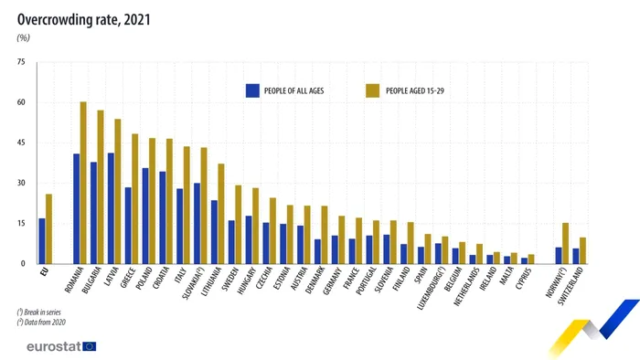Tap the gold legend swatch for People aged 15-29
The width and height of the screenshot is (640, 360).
point(372,90)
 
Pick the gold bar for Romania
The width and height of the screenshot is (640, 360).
point(83,183)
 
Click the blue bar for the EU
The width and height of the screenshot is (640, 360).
point(42,241)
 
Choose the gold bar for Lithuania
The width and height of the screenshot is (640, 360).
point(221,214)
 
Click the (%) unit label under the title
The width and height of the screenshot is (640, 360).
point(24,37)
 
